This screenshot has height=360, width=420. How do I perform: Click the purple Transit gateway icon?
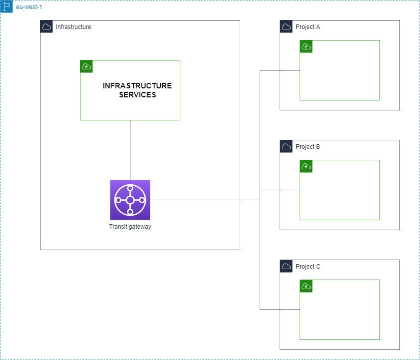(x=130, y=200)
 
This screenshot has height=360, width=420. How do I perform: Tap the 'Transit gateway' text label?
(x=130, y=227)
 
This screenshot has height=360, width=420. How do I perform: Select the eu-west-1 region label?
(x=28, y=7)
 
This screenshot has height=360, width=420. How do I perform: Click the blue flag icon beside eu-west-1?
(x=6, y=6)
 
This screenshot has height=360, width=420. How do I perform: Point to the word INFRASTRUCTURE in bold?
(x=137, y=86)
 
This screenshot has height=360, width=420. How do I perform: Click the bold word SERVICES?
(x=137, y=95)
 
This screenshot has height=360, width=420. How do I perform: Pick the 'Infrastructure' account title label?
(x=73, y=27)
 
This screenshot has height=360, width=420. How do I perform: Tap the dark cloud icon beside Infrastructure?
(x=46, y=26)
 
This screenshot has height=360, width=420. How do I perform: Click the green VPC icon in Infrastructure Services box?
(x=86, y=66)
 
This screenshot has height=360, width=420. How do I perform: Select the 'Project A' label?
(x=308, y=27)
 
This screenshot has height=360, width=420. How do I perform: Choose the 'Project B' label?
(x=308, y=147)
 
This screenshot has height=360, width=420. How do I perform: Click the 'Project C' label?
(x=308, y=267)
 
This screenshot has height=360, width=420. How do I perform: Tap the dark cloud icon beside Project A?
(x=286, y=26)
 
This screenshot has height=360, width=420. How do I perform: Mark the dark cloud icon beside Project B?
(x=286, y=146)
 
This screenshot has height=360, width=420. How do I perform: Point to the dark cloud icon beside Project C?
(x=286, y=266)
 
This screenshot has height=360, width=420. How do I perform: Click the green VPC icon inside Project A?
(x=306, y=46)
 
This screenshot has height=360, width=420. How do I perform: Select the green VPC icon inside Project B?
(x=306, y=166)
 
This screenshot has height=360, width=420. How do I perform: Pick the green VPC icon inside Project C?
(x=306, y=286)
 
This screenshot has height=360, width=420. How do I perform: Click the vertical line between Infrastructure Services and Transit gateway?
(x=130, y=150)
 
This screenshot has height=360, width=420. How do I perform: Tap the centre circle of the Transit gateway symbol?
(x=130, y=200)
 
